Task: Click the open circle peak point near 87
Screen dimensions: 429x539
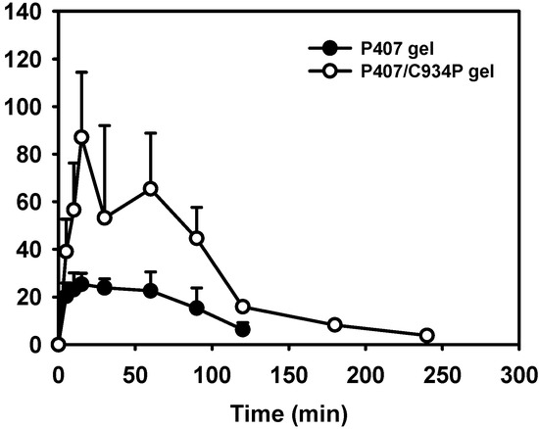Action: coord(82,137)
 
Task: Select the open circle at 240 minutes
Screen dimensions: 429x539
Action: coord(427,335)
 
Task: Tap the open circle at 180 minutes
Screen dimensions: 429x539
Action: coord(335,324)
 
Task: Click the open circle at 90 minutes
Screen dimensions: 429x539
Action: coord(197,238)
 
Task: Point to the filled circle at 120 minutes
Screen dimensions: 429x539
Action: coord(243,330)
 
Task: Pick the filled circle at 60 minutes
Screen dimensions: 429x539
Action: coord(151,290)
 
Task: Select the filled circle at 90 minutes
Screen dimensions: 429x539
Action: coord(197,308)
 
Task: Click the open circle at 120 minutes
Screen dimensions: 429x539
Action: coord(243,307)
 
